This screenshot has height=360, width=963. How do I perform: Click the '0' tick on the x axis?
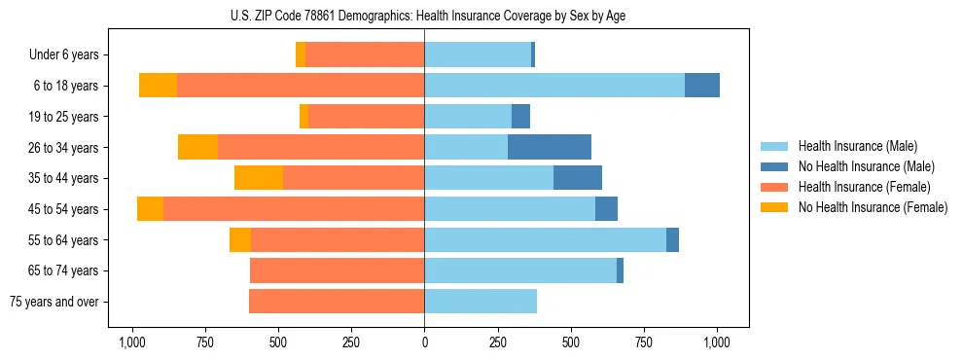coord(424,342)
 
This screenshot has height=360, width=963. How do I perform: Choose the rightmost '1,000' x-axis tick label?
coord(717,342)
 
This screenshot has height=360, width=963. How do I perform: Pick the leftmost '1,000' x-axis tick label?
coord(131,342)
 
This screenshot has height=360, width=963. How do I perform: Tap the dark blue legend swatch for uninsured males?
coord(775,166)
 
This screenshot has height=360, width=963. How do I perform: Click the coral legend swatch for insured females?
coord(775,187)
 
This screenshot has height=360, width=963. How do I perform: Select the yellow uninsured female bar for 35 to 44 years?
coord(259,178)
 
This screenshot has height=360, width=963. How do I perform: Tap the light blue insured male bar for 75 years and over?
coord(481,302)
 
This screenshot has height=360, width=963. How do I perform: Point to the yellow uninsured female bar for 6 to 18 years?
coord(158,86)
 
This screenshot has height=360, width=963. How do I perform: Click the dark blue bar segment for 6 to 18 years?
coord(702,86)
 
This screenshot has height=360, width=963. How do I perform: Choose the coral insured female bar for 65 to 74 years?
coord(337,270)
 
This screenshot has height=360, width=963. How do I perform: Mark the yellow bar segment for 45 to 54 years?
coord(150,209)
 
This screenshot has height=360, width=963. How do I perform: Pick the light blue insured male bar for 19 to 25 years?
coord(468,117)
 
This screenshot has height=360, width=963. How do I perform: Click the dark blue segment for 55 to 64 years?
coord(672,239)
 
